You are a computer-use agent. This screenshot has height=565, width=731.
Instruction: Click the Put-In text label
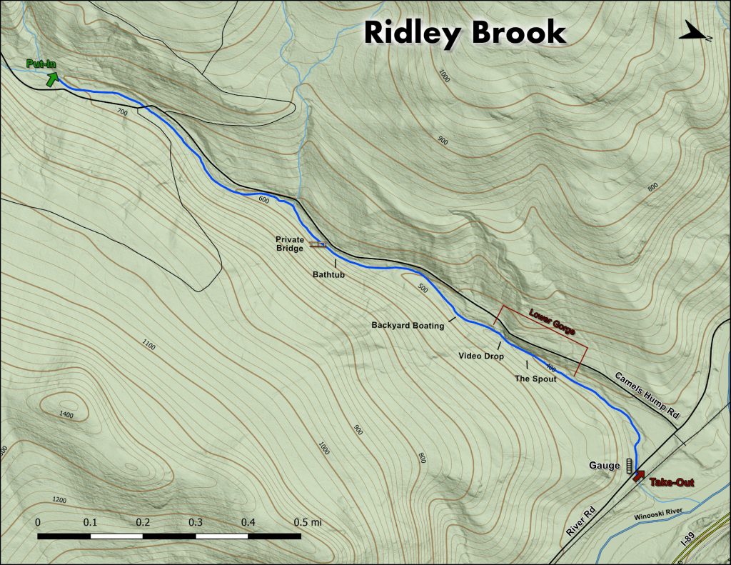41,64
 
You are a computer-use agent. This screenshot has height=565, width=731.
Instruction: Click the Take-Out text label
670,483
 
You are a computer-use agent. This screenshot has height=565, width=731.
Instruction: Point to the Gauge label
604,466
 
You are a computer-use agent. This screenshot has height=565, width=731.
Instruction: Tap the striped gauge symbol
629,466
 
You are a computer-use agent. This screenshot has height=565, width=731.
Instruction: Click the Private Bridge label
291,244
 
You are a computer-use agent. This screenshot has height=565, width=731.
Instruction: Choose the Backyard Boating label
408,326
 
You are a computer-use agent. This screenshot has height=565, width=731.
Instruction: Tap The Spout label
535,379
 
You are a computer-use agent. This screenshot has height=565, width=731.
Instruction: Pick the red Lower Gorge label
552,323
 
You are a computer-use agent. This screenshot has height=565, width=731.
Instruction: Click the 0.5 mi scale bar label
307,522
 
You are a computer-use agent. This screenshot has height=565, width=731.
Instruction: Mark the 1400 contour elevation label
66,414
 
